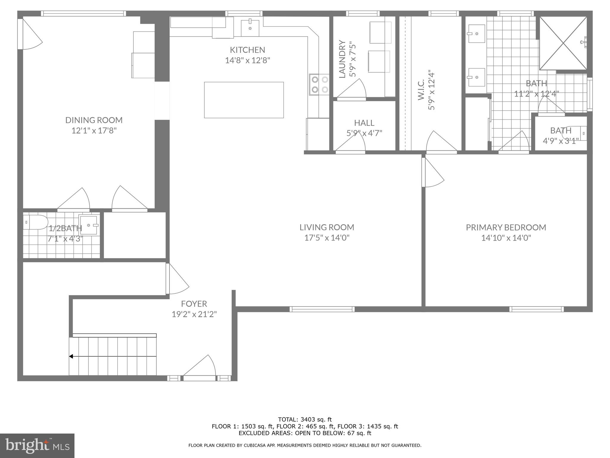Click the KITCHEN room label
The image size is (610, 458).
[x=247, y=50]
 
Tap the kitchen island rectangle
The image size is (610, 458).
[x=244, y=100]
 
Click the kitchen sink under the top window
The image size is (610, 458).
[x=250, y=27]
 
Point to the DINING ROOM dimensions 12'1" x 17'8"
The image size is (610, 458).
[x=94, y=131]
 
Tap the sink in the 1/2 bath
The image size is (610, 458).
[x=89, y=225]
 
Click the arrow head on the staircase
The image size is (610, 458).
[x=71, y=356]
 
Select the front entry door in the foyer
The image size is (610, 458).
[x=199, y=370]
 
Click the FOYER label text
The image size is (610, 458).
[x=194, y=304]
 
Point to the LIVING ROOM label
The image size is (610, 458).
[x=327, y=227]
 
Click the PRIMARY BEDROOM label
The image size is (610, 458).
[x=506, y=228]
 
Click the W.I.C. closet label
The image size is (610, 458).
[x=421, y=89]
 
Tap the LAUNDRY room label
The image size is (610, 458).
[x=342, y=59]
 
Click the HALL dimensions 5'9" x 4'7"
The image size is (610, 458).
[x=364, y=133]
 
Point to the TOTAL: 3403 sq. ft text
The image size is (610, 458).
[x=305, y=420]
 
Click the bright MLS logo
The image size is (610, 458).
[x=37, y=445]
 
